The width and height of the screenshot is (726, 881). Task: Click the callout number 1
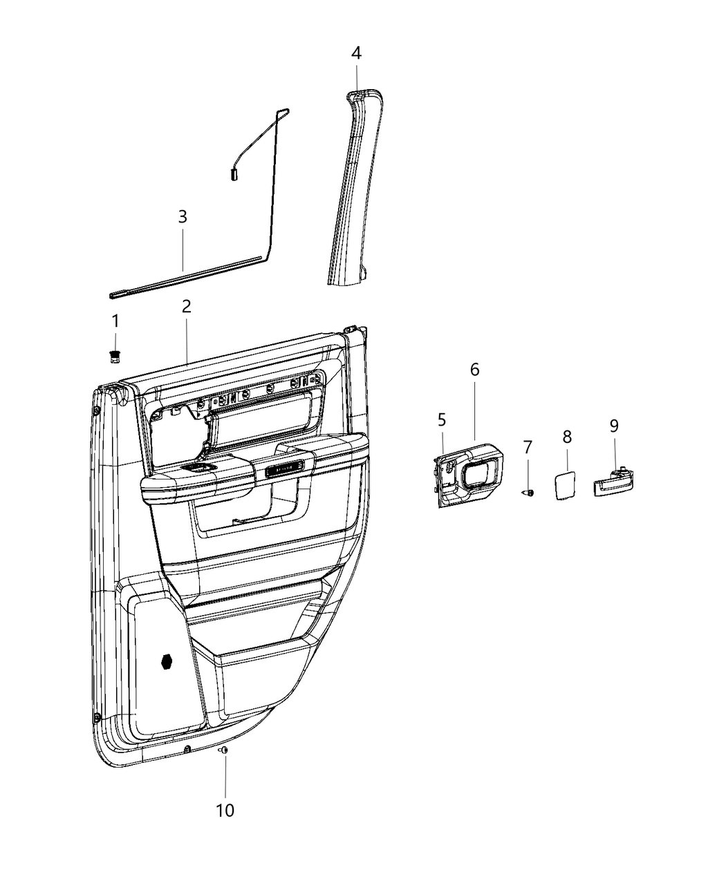point(115,321)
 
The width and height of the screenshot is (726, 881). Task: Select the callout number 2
point(187,306)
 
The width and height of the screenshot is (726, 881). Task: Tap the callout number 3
point(183,216)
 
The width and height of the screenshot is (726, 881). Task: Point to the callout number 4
point(356,53)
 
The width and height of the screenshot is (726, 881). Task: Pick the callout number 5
point(442,419)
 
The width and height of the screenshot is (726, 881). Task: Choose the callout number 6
point(475,369)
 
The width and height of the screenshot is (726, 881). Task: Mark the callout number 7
point(528,447)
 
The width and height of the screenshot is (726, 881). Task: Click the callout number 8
point(567,437)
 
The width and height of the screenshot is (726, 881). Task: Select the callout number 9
point(614,426)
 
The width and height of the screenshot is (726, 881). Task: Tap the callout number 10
point(225,810)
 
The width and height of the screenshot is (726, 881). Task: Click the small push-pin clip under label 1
point(115,356)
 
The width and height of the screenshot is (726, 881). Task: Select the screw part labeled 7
point(528,493)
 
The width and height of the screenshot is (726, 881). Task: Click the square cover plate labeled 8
point(566,484)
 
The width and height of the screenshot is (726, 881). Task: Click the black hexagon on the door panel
point(167,661)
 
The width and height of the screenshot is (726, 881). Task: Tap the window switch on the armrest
point(201,468)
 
